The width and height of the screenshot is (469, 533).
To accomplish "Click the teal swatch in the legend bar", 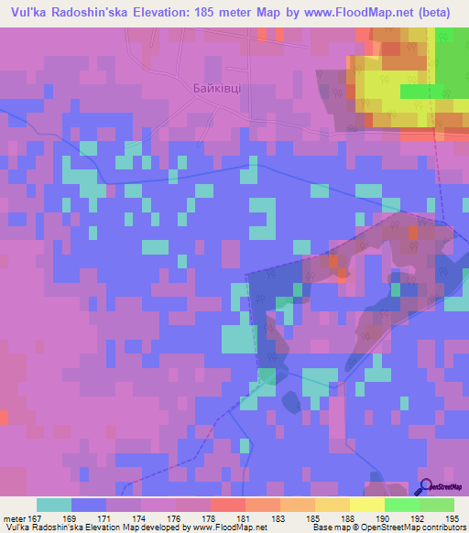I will coord(54,505).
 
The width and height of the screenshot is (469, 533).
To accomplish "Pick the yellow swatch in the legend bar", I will coord(366,505).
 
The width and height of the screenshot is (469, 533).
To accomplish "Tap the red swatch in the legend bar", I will coord(227,505).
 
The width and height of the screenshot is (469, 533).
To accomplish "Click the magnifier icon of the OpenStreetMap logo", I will coord(424,487).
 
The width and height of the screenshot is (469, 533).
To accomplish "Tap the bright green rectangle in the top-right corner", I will coord(422,92).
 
